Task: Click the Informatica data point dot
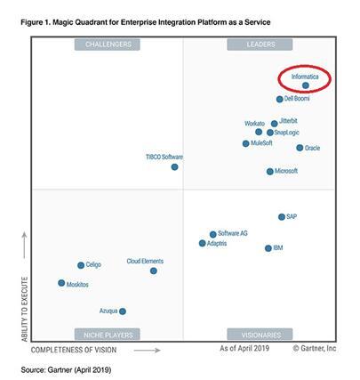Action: point(306,86)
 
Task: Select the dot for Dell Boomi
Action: point(279,100)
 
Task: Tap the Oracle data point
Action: point(300,148)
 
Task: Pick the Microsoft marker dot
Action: point(270,171)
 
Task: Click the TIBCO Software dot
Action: point(174,166)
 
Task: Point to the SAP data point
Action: point(282,216)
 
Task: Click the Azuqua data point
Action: point(123,311)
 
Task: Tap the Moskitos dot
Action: point(61,283)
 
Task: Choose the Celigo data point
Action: point(81,265)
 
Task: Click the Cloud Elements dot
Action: point(154,271)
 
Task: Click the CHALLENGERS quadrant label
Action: point(108,44)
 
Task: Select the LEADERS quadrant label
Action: point(260,44)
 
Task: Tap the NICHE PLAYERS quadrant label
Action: point(108,336)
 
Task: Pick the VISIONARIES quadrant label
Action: point(260,336)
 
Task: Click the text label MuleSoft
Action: point(261,142)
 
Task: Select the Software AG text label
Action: point(233,233)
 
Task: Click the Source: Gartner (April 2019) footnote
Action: point(67,368)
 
